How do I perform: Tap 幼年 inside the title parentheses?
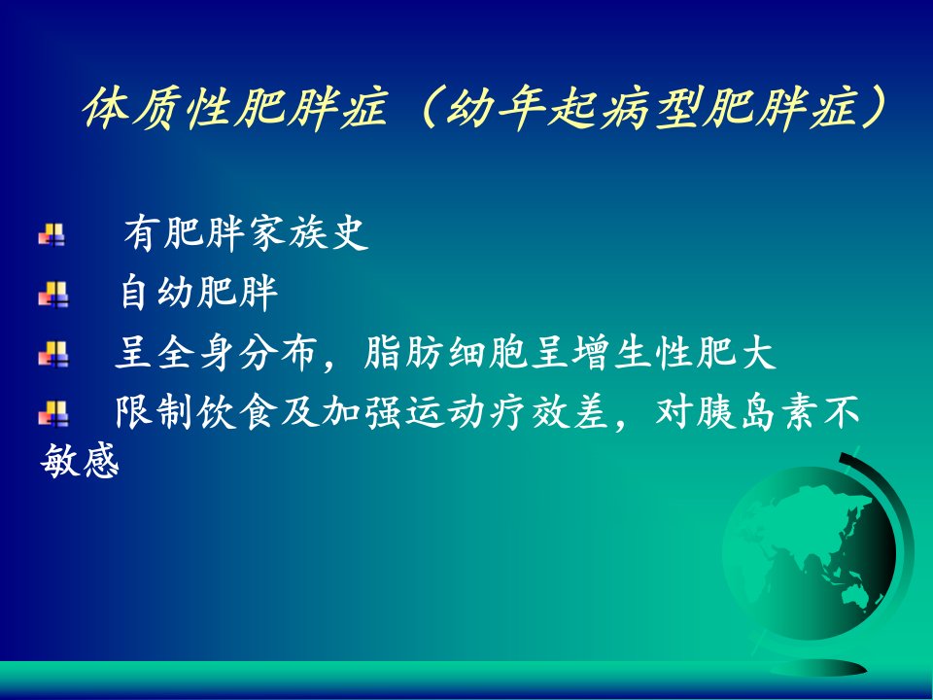[496, 109]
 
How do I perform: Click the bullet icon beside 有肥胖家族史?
[52, 234]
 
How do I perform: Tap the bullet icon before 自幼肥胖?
[52, 294]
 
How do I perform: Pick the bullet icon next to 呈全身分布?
[52, 354]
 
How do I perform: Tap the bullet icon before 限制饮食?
[52, 413]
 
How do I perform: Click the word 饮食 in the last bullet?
[238, 412]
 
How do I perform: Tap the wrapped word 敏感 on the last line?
[80, 460]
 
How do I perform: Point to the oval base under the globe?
[818, 667]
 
